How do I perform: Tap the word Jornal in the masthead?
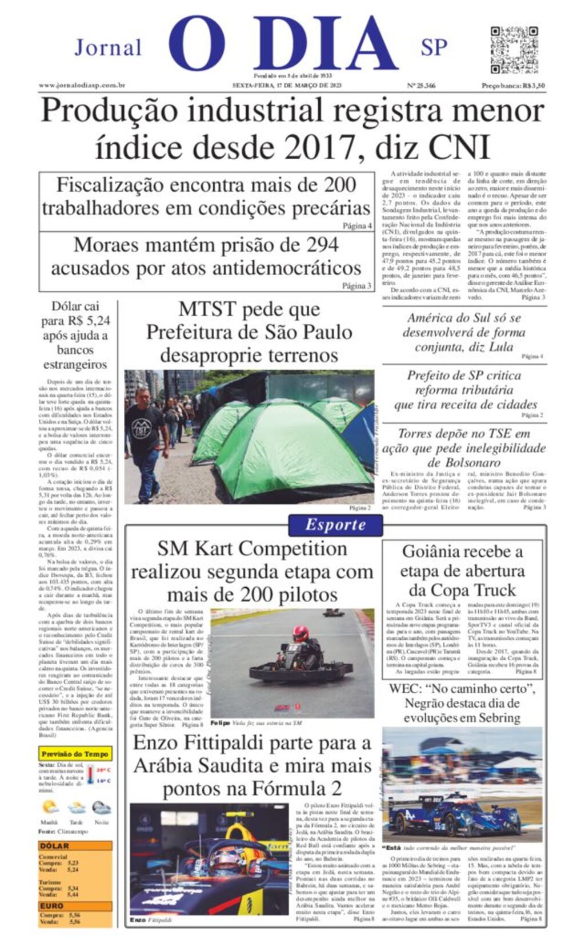coord(108,47)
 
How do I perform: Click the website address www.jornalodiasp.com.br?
coord(82,86)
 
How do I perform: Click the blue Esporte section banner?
coord(335,524)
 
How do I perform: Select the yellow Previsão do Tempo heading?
coord(75,754)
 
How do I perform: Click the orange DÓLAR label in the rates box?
coord(54,846)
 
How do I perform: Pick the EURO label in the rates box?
coord(51,906)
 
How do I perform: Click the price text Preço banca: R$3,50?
coord(512,86)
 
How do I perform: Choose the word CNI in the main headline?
coord(459,147)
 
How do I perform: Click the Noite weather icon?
coord(101,807)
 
